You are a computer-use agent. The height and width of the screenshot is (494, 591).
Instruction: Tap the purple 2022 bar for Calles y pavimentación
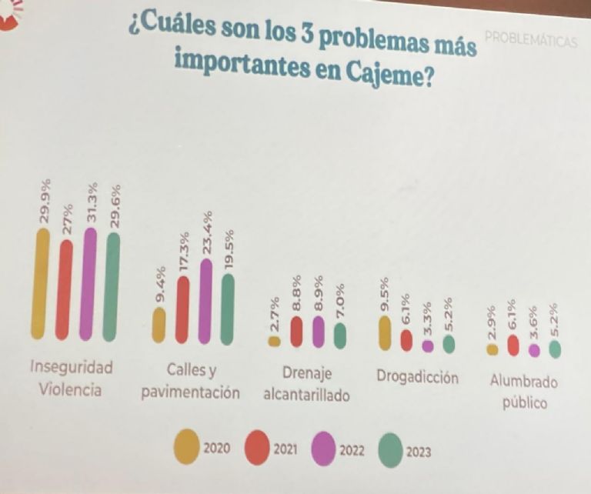(x=205, y=300)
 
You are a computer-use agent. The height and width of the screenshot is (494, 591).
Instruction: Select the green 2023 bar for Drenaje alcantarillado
(x=340, y=335)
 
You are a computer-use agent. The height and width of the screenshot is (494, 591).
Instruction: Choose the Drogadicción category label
(x=417, y=377)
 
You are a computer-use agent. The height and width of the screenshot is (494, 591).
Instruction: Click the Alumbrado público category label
(x=523, y=392)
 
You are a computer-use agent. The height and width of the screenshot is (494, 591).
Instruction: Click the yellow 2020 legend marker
(x=187, y=447)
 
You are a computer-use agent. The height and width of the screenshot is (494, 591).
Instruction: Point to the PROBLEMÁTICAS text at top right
(x=530, y=41)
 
